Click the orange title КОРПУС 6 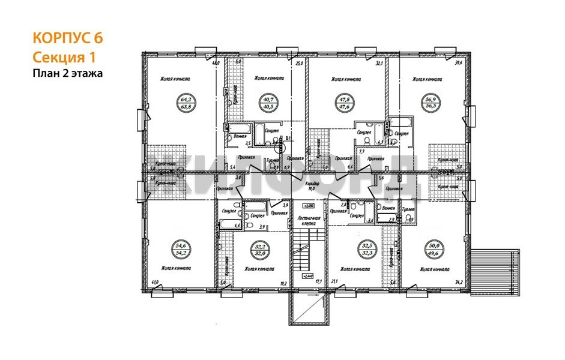coord(68,38)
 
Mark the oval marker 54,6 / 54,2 coord(180,249)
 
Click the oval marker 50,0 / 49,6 coord(434,249)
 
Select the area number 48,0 coord(214,63)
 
